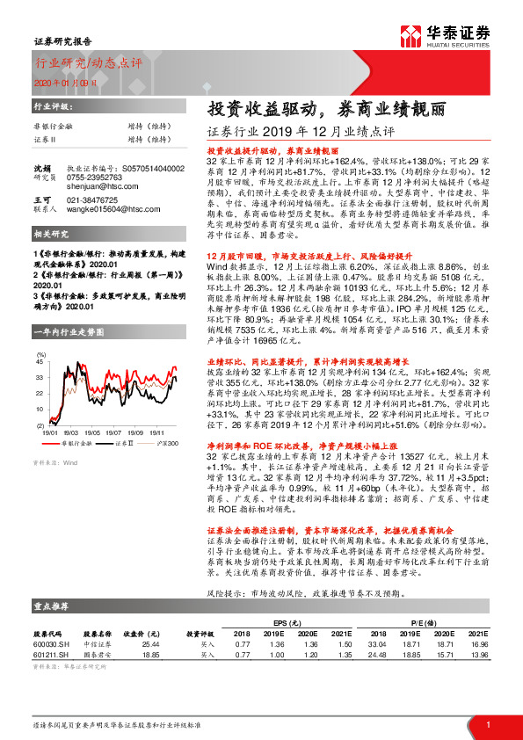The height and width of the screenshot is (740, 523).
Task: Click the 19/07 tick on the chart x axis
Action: pos(113,432)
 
